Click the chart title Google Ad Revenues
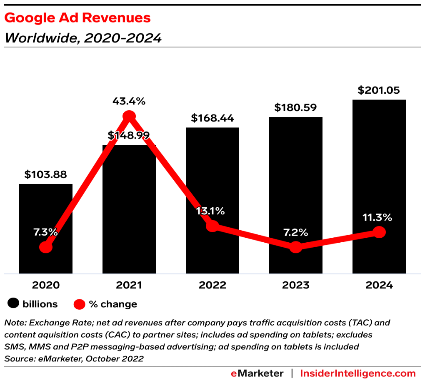click(x=77, y=18)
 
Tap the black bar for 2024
click(x=379, y=167)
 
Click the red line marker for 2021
click(x=129, y=116)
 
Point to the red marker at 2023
click(x=296, y=247)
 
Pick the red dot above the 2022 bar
click(x=212, y=226)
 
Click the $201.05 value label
click(x=379, y=90)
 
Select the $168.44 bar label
click(x=212, y=118)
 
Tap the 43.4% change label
click(x=129, y=101)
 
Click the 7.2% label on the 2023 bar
click(x=295, y=232)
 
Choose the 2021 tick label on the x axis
click(x=129, y=285)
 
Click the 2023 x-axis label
click(x=295, y=285)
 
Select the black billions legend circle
click(x=14, y=304)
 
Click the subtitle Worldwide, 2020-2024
click(x=83, y=38)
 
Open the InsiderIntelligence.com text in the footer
click(x=358, y=373)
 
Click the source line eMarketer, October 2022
click(x=74, y=358)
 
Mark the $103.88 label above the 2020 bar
click(x=45, y=174)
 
